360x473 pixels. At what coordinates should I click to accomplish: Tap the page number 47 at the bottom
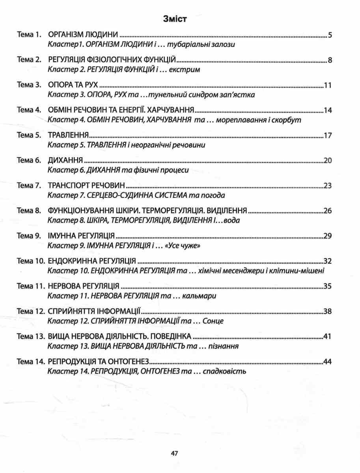click(x=175, y=453)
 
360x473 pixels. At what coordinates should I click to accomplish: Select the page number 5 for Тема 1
click(x=330, y=35)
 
